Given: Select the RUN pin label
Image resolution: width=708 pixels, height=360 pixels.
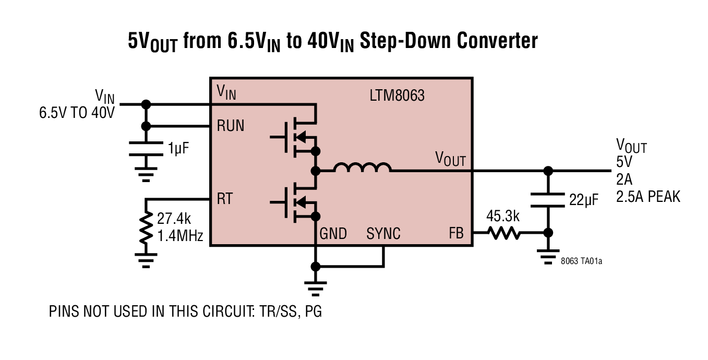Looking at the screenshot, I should (230, 126).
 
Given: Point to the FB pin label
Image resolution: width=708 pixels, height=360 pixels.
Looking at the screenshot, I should (455, 233).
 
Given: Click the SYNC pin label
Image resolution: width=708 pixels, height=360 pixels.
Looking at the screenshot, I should (383, 233).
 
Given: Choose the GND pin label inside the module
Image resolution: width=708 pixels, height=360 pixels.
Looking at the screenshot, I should (333, 233).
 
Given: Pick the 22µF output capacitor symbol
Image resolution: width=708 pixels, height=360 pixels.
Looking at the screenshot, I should (548, 199).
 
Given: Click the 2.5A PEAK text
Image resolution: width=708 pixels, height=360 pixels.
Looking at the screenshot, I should (648, 197).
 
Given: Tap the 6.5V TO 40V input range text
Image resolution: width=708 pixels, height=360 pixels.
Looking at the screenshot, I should (77, 112).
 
